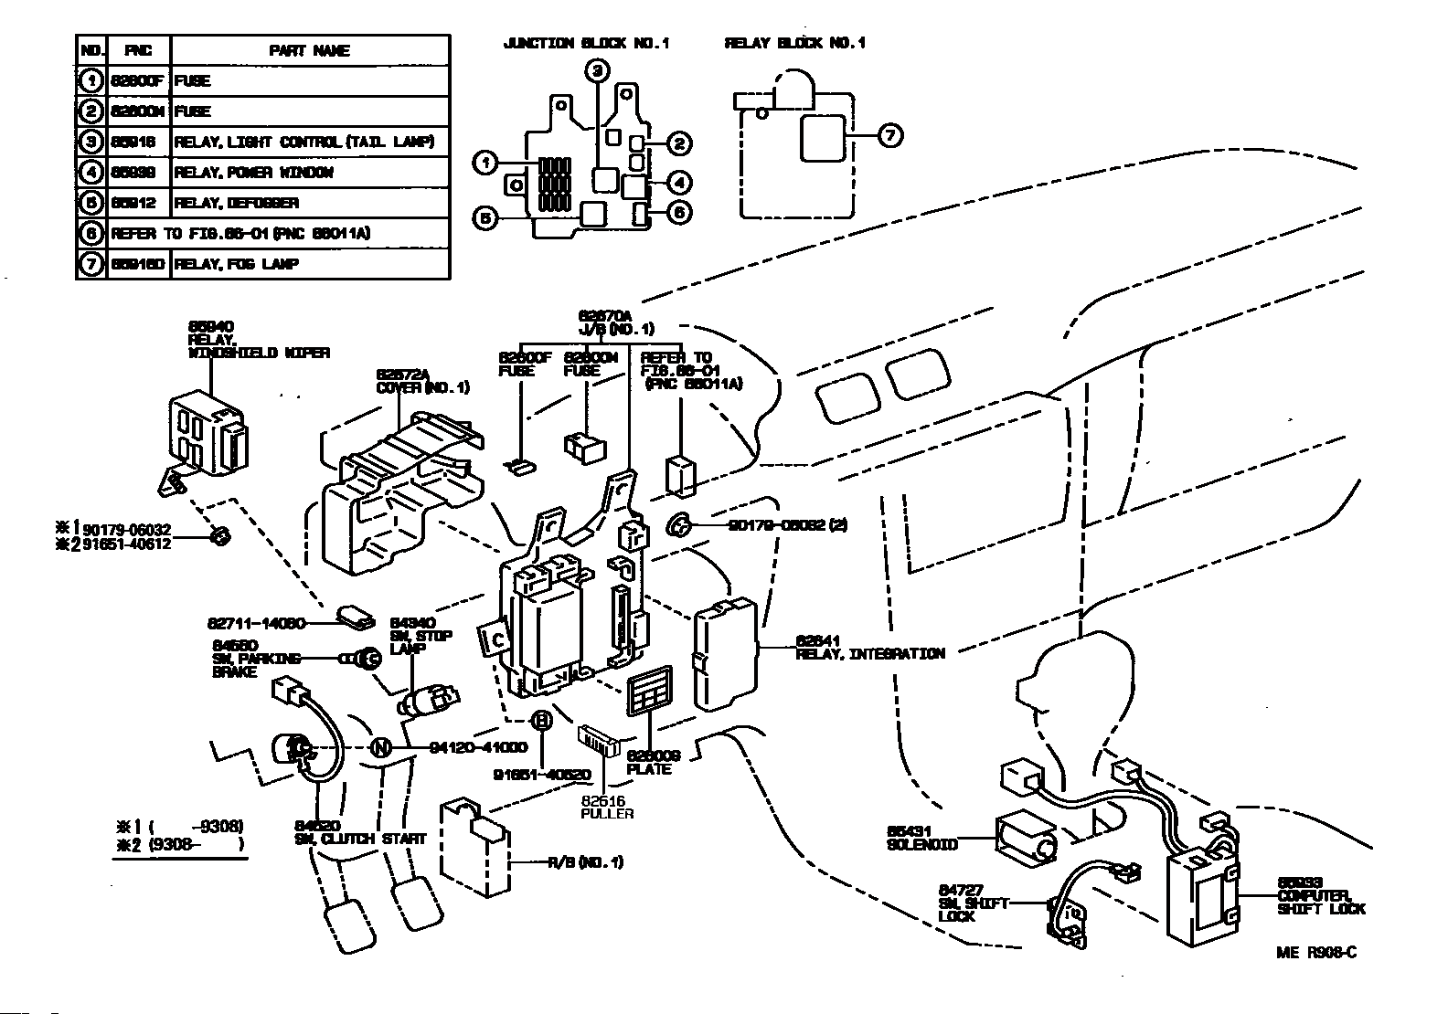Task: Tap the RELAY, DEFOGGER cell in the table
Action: (237, 203)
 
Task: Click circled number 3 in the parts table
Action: (90, 142)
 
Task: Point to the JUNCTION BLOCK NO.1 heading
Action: (586, 43)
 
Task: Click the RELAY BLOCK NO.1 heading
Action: (794, 43)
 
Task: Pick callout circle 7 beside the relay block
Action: (889, 135)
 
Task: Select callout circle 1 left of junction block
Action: (484, 164)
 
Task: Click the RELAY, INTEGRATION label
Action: (869, 653)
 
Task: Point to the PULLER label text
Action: (607, 813)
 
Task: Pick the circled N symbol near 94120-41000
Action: (381, 747)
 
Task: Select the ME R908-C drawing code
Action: (1316, 953)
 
